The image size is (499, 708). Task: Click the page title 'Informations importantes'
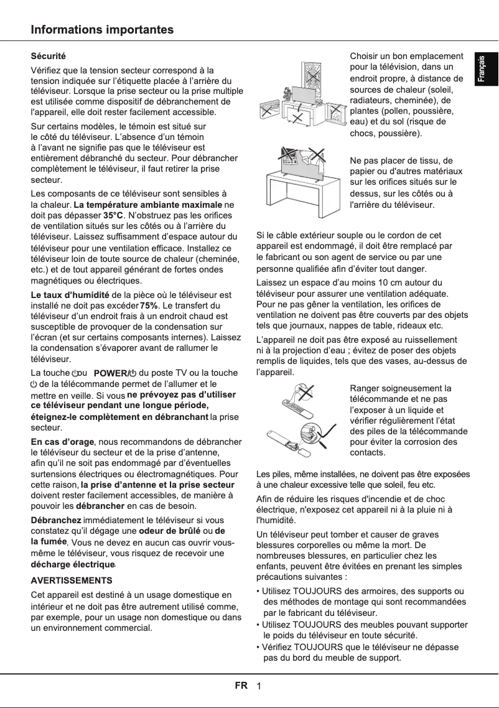[x=103, y=30]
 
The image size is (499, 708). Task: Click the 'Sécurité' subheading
[x=49, y=57]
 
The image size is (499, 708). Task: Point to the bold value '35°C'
[x=113, y=215]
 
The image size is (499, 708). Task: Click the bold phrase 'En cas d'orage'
[x=62, y=442]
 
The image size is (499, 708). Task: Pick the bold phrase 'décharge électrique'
[x=73, y=564]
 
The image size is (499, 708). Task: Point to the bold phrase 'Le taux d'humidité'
[x=70, y=294]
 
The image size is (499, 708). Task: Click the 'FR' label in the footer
[x=241, y=686]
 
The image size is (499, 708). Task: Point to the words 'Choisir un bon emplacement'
[x=407, y=57]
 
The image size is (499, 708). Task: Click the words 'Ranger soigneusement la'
[x=401, y=388]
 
